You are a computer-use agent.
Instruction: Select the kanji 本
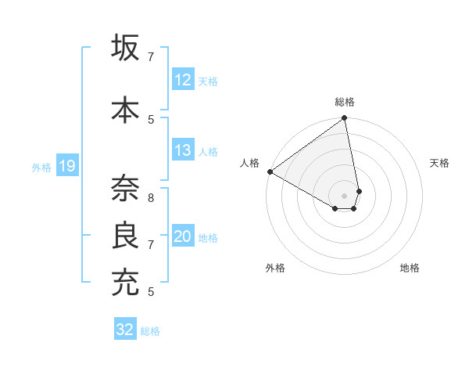coord(126,109)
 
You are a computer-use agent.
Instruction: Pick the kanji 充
coord(126,283)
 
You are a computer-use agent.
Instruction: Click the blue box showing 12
coord(183,80)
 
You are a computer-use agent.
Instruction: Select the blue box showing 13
coord(183,150)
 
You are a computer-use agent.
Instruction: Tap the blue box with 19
coord(67,166)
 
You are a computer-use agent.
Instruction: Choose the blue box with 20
coord(183,237)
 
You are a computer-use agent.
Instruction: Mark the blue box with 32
coord(125,330)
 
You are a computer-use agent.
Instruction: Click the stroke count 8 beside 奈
coord(151,189)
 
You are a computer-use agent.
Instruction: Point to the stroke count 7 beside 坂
coord(151,56)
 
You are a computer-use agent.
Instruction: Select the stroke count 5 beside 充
coord(151,292)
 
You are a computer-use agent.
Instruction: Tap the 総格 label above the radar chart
coord(345,102)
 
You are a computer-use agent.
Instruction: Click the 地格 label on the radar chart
coord(410,269)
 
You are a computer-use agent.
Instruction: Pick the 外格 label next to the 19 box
coord(41,167)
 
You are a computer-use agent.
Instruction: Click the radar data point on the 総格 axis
coord(345,119)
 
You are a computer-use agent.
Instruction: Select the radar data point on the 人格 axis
coord(270,171)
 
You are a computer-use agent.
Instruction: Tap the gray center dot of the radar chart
coord(345,195)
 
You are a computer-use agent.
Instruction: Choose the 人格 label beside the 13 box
coord(208,151)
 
